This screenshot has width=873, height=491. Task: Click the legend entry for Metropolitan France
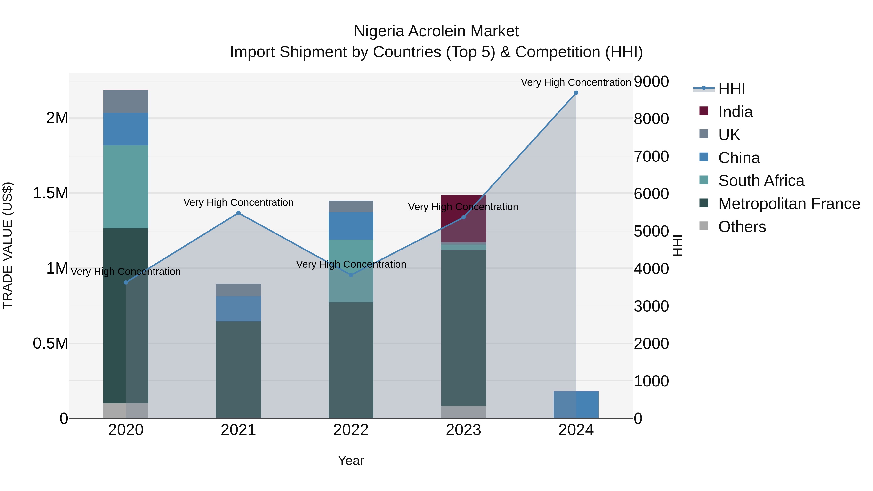[789, 204]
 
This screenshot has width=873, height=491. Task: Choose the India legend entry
[736, 112]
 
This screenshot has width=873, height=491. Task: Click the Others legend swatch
[704, 226]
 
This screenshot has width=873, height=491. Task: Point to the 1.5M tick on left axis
[50, 193]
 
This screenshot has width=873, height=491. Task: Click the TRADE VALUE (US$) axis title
[8, 245]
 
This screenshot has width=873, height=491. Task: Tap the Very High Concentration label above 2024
[575, 82]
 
